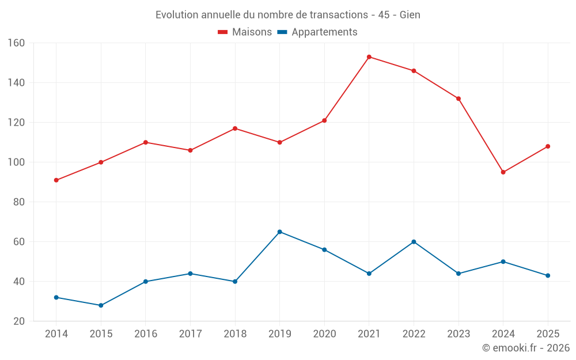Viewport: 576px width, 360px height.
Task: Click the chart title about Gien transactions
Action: click(x=287, y=15)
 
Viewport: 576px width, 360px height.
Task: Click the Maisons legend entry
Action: click(x=245, y=32)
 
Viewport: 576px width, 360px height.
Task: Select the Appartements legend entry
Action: click(x=317, y=32)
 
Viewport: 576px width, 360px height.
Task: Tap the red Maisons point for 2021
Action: click(x=369, y=57)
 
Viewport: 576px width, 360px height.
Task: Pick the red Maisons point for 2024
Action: click(x=503, y=172)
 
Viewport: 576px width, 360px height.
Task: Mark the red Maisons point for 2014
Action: click(x=56, y=180)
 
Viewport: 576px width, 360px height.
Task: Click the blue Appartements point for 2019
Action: click(x=280, y=232)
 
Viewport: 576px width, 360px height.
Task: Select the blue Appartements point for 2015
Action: click(x=101, y=305)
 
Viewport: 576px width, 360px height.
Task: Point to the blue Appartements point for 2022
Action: click(x=414, y=242)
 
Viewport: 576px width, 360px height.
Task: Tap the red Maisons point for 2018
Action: click(x=235, y=128)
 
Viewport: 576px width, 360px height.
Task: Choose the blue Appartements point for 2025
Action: click(x=548, y=275)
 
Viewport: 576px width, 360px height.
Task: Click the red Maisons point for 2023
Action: click(x=458, y=99)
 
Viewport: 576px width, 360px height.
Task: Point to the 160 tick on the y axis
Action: click(x=16, y=43)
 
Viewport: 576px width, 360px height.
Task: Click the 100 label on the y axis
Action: click(x=16, y=162)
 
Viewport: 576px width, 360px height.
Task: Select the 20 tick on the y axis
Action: click(x=19, y=321)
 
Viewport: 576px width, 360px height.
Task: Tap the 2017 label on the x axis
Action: click(x=190, y=334)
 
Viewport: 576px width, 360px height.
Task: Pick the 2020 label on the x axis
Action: click(x=324, y=334)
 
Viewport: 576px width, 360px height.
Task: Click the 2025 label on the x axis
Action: click(x=548, y=334)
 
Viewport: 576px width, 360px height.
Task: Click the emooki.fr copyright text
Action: click(x=526, y=347)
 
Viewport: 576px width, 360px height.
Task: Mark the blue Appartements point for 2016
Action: click(x=146, y=282)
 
